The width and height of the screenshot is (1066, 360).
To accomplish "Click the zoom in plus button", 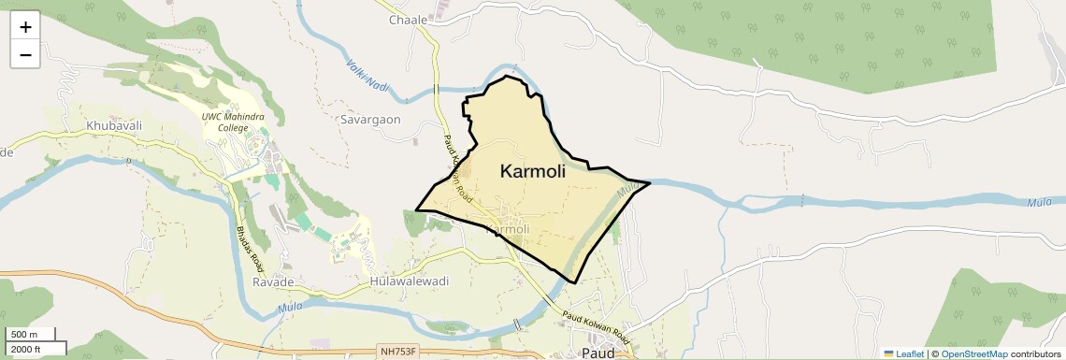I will click(25, 27).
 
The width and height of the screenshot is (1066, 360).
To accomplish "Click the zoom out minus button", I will click(25, 54).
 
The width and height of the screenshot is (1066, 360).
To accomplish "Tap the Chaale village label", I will click(408, 20).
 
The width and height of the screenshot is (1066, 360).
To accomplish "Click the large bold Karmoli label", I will click(533, 171).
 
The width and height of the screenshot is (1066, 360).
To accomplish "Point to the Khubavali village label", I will click(113, 124).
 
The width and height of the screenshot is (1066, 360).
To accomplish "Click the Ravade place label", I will click(273, 281).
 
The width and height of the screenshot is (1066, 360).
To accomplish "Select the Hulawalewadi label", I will click(410, 281).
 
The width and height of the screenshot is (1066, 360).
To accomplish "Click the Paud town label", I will click(598, 353).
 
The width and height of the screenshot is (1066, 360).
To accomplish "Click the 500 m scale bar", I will click(33, 335).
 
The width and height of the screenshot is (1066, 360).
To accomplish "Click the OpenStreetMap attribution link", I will click(973, 353).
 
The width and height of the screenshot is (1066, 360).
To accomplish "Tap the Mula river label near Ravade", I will click(290, 306).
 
